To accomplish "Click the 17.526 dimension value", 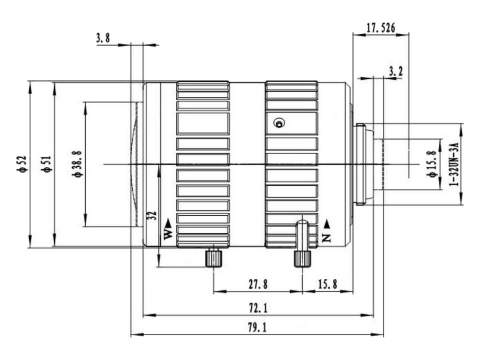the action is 380,28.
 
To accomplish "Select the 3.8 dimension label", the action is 103,38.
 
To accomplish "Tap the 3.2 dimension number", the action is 395,71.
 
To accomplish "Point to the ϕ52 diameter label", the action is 22,164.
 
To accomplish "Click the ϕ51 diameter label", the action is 47,164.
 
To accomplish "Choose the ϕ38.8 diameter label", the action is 77,164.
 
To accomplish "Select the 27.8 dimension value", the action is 258,284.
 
